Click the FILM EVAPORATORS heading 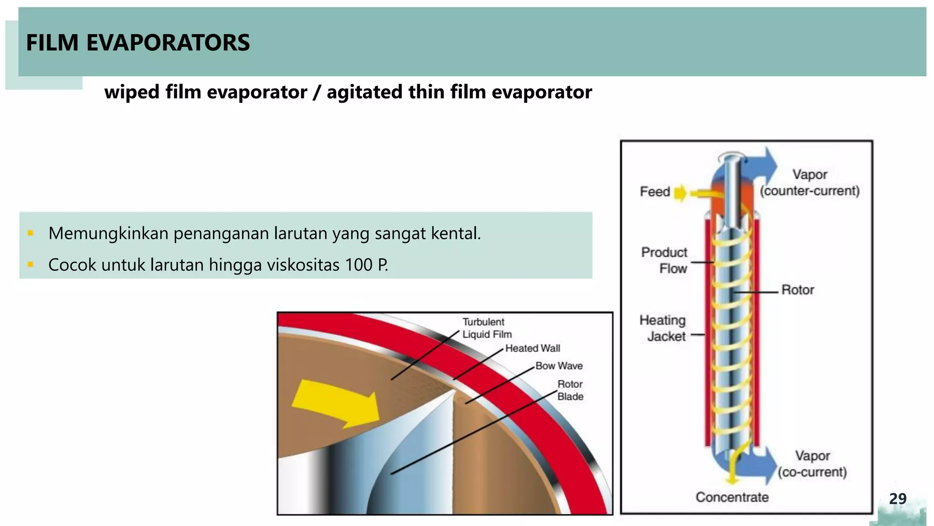(138, 42)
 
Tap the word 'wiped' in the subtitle (131, 92)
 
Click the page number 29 (898, 499)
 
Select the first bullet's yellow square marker (31, 233)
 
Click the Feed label (654, 191)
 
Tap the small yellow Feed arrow (680, 193)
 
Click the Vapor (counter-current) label (809, 183)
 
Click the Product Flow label (664, 260)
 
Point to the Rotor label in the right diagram (798, 290)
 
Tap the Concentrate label (732, 497)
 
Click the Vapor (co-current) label (812, 464)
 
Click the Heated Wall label (532, 348)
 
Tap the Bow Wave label (559, 366)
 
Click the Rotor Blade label (570, 390)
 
